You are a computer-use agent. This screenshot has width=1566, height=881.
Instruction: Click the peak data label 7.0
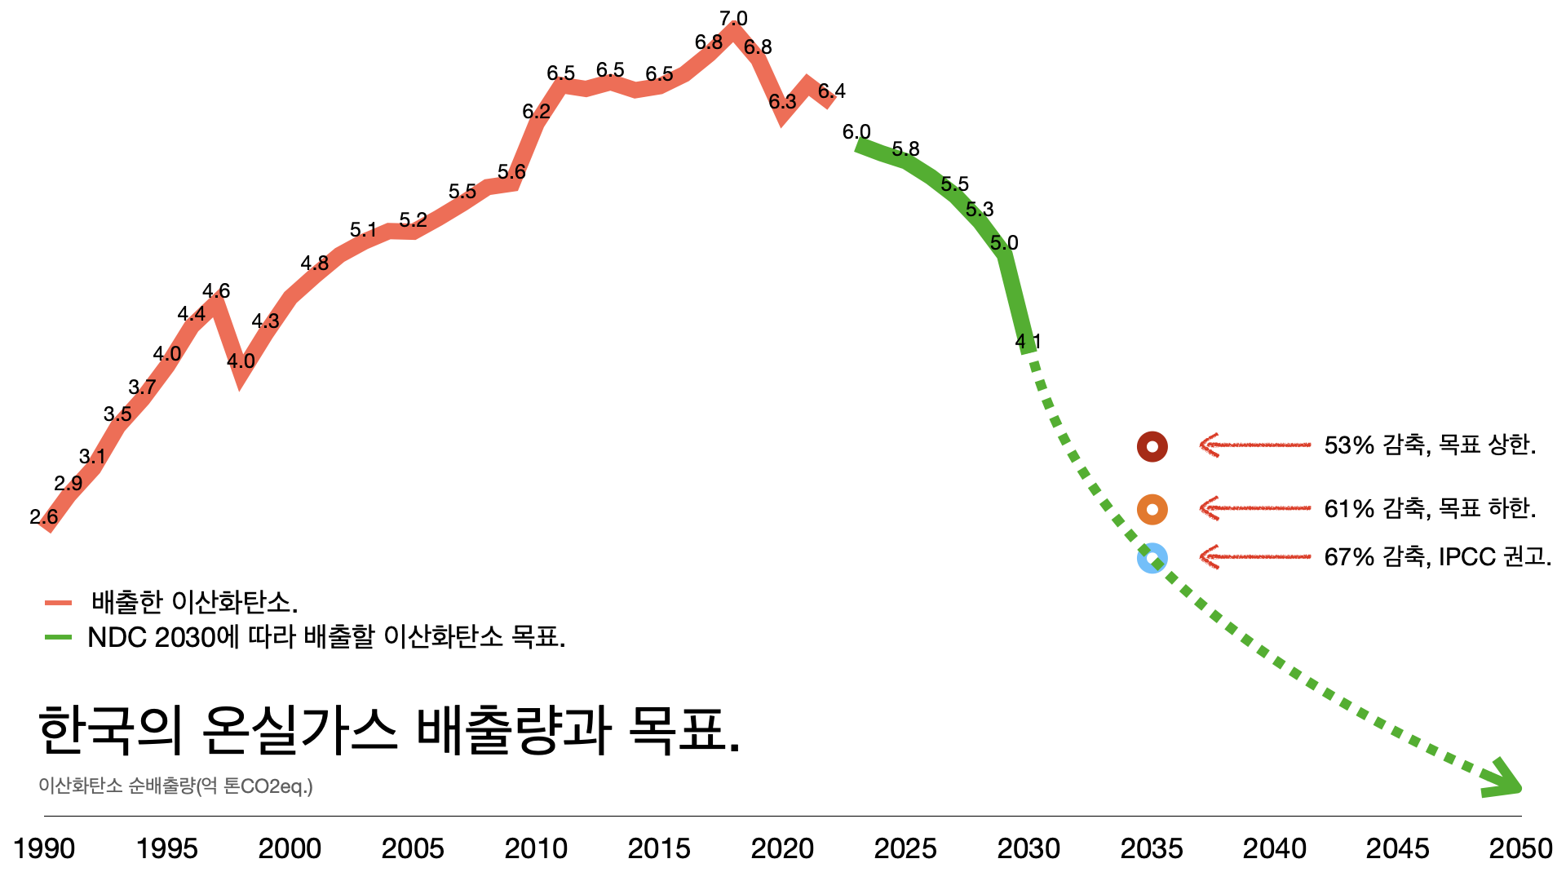coord(733,18)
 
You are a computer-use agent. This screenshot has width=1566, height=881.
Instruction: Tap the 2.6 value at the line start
coord(43,516)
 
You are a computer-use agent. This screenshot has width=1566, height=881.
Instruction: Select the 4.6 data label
coord(216,290)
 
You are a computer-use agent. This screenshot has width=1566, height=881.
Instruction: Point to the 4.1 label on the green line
coord(1028,341)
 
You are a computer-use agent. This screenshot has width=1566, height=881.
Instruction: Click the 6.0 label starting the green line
coord(856,131)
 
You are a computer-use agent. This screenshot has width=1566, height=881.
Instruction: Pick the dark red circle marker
coord(1152,446)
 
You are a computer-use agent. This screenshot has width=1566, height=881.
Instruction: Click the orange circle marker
coord(1152,509)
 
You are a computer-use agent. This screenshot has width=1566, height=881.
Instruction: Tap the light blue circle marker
coord(1152,558)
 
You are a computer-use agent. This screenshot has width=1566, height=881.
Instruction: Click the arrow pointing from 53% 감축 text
coord(1254,445)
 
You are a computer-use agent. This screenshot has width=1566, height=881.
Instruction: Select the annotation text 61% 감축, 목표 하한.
coord(1430,509)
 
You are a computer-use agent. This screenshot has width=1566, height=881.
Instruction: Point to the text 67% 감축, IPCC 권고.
coord(1437,557)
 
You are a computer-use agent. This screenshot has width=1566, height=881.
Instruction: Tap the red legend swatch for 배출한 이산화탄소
coord(59,603)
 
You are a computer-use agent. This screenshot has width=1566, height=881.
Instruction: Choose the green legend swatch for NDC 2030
coord(59,637)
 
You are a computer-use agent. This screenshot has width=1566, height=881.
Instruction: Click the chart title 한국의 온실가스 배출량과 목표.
coord(389,730)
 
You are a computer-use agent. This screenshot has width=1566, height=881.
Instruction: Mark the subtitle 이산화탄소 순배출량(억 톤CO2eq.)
coord(175,786)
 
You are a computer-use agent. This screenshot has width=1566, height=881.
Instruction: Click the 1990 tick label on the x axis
coord(44,848)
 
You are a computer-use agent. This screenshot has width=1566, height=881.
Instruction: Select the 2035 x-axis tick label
coord(1151,848)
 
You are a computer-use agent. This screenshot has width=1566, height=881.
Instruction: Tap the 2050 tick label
coord(1520,848)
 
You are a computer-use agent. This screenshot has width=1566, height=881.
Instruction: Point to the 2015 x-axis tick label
coord(659,848)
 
